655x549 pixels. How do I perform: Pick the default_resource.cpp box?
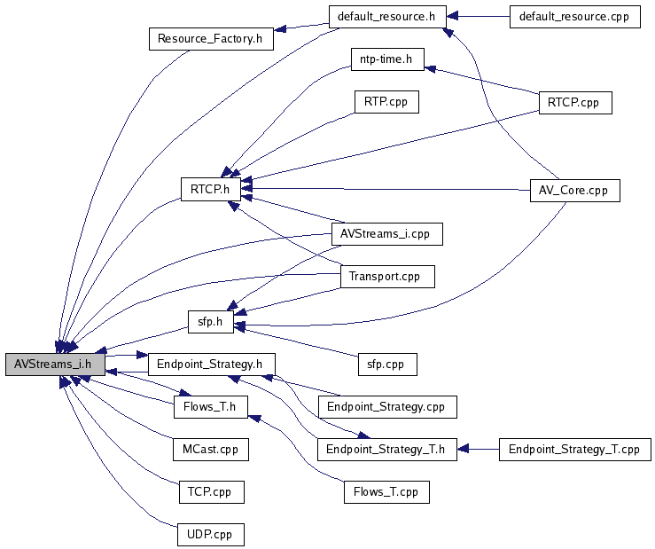(574, 17)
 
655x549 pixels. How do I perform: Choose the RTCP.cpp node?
(574, 101)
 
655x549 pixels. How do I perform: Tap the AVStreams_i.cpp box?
(386, 233)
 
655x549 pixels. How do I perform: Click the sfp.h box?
(210, 320)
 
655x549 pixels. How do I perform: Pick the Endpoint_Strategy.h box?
(211, 363)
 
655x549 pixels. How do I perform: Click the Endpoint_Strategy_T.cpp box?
(575, 449)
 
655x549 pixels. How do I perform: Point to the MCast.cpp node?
(210, 449)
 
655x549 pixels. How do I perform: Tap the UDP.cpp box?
(210, 535)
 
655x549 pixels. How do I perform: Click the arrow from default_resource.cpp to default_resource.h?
(478, 17)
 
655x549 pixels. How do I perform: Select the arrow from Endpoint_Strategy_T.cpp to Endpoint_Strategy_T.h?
(479, 449)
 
